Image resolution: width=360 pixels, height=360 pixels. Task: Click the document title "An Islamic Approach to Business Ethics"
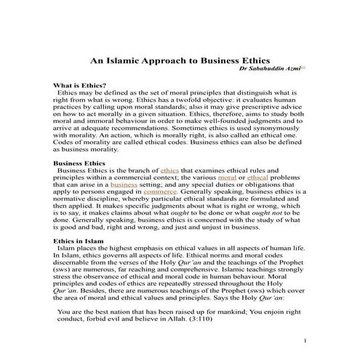point(180,63)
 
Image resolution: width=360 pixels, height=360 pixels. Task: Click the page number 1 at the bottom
point(306,340)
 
